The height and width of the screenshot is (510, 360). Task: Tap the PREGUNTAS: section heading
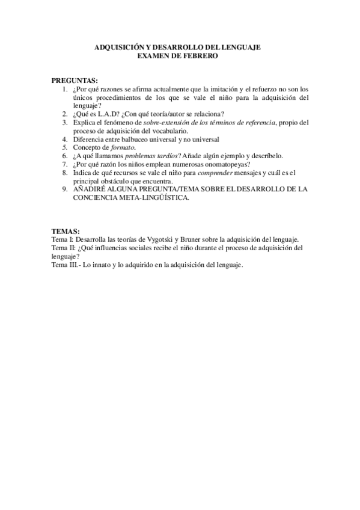click(x=75, y=80)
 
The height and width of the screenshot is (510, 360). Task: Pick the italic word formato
click(x=123, y=147)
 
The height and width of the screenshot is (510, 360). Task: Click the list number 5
click(x=64, y=147)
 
